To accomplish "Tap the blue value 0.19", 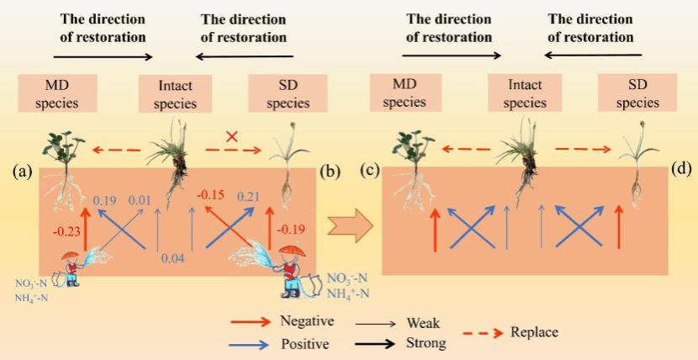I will pos(105,200).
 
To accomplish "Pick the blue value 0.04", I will pos(172,257).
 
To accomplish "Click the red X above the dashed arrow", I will pos(231,135).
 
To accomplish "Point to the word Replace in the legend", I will pos(534,332).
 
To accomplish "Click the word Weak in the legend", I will pos(423,323).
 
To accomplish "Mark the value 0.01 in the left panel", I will pos(139,200).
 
